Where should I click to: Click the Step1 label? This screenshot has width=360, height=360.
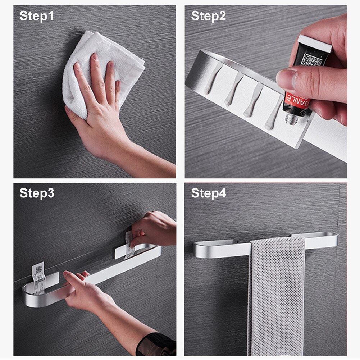click(37, 16)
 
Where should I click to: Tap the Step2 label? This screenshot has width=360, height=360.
click(208, 16)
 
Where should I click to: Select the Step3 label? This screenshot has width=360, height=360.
click(37, 193)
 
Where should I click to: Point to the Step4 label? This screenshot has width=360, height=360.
click(208, 193)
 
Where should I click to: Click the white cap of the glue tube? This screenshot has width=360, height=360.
click(315, 44)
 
